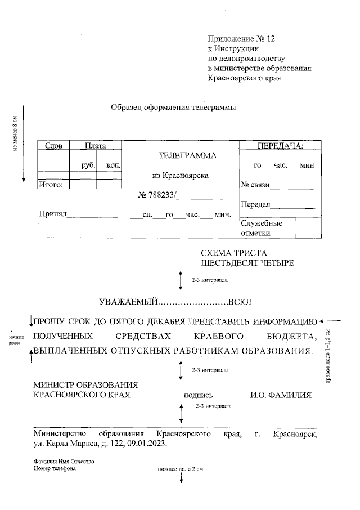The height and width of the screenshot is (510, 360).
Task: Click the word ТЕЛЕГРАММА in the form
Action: (x=187, y=155)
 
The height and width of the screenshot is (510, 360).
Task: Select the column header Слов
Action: (x=53, y=146)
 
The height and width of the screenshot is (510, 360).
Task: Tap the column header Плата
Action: (x=95, y=146)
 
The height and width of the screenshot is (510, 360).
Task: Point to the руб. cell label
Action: (x=88, y=165)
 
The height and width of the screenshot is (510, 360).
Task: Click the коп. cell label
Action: (x=113, y=165)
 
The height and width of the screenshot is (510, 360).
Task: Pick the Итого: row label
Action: (x=50, y=184)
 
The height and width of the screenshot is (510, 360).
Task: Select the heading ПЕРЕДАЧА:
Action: (x=280, y=146)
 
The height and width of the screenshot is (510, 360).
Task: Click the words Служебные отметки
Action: (x=262, y=228)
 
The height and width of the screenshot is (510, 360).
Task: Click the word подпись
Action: (x=198, y=395)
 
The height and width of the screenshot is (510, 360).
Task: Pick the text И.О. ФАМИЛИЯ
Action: (x=280, y=395)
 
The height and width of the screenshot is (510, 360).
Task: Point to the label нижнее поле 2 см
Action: (x=180, y=468)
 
